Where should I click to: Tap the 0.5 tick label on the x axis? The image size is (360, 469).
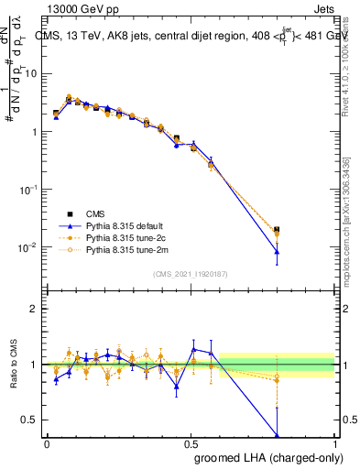[x=191, y=442]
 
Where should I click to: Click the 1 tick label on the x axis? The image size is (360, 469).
[x=334, y=442]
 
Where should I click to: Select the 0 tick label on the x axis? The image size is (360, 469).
[x=47, y=442]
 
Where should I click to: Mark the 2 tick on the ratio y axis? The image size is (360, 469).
[x=35, y=309]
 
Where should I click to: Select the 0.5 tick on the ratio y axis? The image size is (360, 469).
[x=31, y=420]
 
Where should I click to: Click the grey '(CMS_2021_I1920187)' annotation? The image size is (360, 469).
[x=191, y=273]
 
